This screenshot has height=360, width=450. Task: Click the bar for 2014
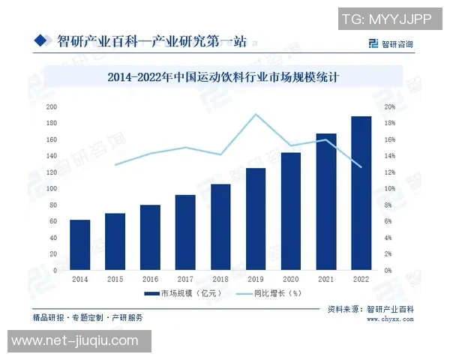point(80,245)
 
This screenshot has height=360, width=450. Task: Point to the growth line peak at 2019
point(256,114)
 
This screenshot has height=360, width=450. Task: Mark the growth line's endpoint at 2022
point(361,166)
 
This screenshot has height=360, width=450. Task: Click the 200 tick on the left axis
point(52,107)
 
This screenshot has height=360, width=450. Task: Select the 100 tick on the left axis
point(52,189)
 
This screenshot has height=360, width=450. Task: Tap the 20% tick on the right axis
point(390,107)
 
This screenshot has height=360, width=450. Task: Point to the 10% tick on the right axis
point(390,189)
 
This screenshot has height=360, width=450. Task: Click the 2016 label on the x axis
point(150,279)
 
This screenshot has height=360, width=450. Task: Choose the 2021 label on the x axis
point(325,279)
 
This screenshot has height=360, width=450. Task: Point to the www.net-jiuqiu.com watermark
point(75,342)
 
